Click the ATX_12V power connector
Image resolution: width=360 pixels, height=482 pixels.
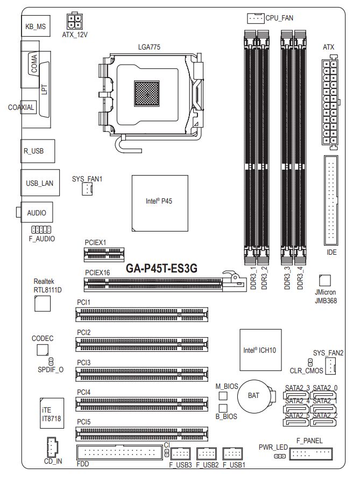coord(75,21)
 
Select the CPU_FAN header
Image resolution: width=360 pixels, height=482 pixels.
coord(256,18)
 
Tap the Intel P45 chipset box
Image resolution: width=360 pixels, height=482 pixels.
coord(160,203)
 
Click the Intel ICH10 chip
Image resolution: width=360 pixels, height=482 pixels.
coord(260,350)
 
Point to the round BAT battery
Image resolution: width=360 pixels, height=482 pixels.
coord(253,396)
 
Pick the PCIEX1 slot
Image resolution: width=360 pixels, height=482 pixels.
coord(104,255)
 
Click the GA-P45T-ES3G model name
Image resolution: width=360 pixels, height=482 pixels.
coord(161,268)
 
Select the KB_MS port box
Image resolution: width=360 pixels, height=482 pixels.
coord(36,26)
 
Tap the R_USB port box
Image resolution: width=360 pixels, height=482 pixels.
coord(38,151)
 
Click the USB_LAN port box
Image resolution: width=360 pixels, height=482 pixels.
coord(40,183)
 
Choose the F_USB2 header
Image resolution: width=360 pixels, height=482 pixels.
coord(207,453)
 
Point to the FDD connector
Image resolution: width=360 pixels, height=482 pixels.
coord(119,452)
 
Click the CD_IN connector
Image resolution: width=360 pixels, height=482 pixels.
coord(53,448)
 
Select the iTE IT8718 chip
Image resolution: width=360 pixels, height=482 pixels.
coord(52,413)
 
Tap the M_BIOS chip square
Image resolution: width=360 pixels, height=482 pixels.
coord(223,396)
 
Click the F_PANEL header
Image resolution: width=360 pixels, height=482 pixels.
coord(311,453)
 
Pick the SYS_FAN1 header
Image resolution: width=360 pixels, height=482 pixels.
coord(87,188)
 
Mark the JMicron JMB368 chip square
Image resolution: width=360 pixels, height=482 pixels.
coord(325,281)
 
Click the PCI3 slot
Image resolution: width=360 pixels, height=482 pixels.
coord(142,374)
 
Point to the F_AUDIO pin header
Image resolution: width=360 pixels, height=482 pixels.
coord(41,229)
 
